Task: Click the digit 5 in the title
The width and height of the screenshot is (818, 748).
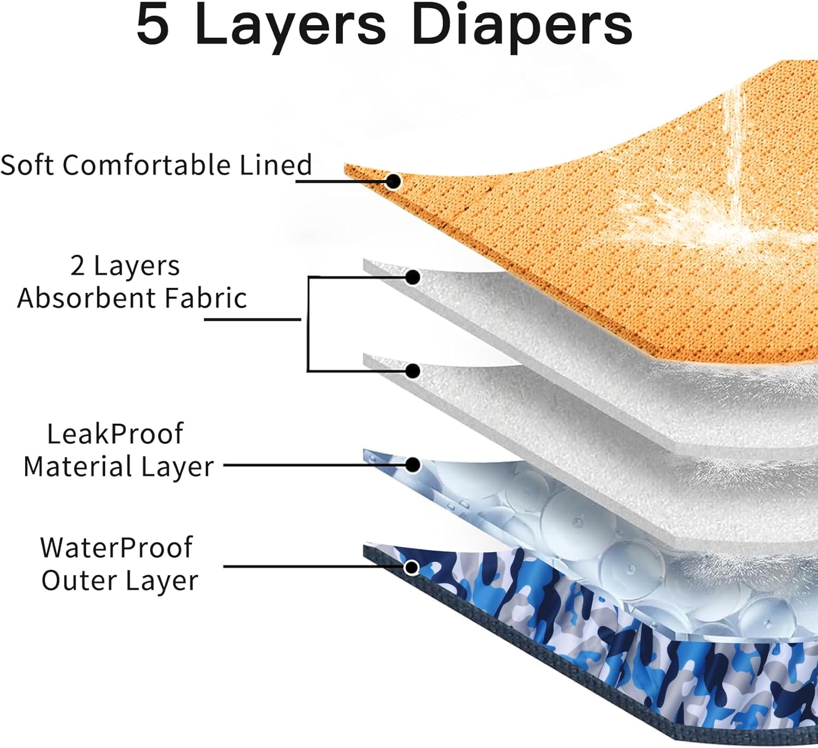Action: (153, 26)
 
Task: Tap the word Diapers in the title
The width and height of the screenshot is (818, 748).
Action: (522, 26)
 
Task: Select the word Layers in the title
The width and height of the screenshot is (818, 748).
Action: (290, 26)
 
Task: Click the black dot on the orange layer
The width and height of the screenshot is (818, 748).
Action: (393, 181)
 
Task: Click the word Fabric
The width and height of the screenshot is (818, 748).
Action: (206, 299)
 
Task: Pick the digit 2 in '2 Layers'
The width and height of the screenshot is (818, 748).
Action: (77, 266)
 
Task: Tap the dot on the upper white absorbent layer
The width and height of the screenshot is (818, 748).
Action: (413, 278)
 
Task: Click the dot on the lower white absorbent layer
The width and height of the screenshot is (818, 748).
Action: (413, 371)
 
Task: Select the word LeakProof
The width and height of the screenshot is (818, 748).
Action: (115, 435)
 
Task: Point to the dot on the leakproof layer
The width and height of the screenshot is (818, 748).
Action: (413, 465)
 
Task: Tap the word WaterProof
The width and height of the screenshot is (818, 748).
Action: (116, 548)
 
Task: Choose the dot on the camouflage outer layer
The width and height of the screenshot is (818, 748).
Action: (412, 568)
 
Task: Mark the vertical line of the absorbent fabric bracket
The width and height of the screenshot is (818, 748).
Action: (308, 324)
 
